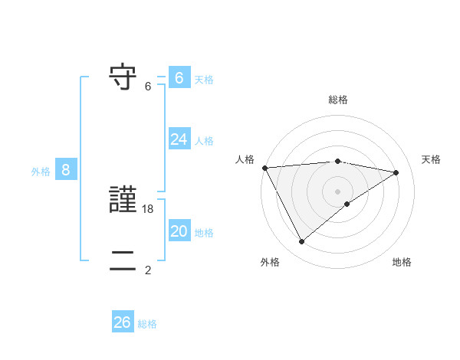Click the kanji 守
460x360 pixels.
point(123,77)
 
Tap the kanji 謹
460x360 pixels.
point(123,201)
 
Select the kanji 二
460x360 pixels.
point(123,261)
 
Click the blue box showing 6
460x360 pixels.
point(179,77)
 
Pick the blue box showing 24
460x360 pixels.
point(179,139)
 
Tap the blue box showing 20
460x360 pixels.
point(179,231)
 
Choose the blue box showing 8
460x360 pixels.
point(66,170)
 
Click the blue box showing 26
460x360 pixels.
point(122,322)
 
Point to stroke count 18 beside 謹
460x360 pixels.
point(148,209)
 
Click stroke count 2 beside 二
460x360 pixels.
point(148,270)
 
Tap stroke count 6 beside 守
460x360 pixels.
point(148,87)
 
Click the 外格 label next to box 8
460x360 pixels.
point(41,172)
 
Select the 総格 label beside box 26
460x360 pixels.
point(147,324)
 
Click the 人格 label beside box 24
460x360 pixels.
point(204,141)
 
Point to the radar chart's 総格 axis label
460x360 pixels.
point(337,100)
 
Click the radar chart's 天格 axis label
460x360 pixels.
point(432,159)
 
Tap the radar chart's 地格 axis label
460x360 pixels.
point(402,263)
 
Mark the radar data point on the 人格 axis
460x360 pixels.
point(264,168)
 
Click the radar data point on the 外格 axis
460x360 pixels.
point(301,242)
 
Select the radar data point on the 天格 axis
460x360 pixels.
point(396,172)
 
